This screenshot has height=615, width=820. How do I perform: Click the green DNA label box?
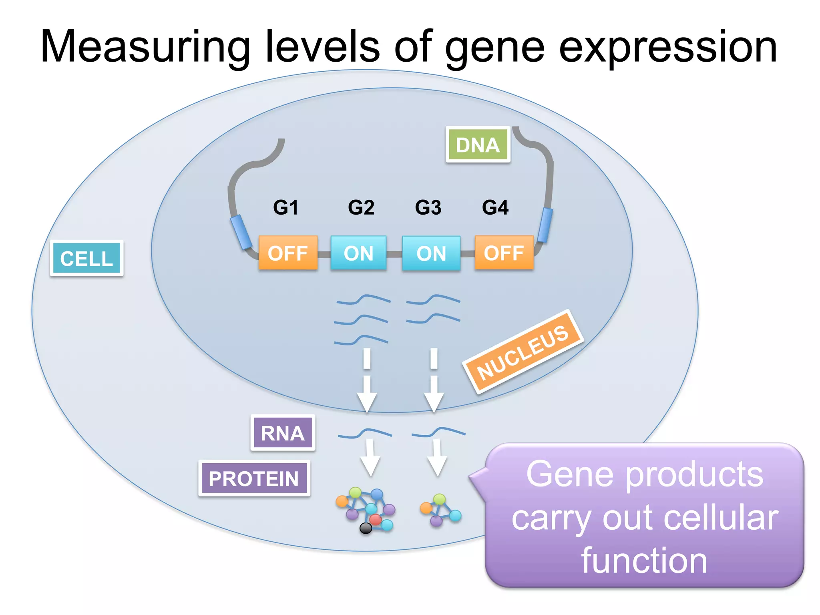click(478, 145)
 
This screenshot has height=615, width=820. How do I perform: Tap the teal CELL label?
click(86, 258)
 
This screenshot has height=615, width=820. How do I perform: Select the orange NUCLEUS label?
click(523, 352)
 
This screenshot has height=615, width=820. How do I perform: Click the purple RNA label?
click(283, 433)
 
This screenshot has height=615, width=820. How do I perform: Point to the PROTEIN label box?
click(254, 478)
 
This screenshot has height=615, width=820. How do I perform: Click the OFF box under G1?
click(288, 253)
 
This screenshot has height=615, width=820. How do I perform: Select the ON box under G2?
click(358, 253)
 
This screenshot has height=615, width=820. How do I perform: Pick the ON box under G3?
click(431, 253)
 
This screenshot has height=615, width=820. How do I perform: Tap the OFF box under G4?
click(504, 253)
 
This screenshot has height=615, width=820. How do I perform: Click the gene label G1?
click(286, 207)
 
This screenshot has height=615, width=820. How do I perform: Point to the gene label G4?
click(495, 207)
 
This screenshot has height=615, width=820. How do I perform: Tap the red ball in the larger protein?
click(375, 519)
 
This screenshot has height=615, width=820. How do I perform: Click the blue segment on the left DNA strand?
click(241, 232)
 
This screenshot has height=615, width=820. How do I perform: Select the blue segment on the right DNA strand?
click(545, 225)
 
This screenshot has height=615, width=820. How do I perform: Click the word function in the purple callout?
click(644, 561)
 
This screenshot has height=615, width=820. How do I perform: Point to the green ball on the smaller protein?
click(440, 499)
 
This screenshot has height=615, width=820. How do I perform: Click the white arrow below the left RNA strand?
click(370, 458)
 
